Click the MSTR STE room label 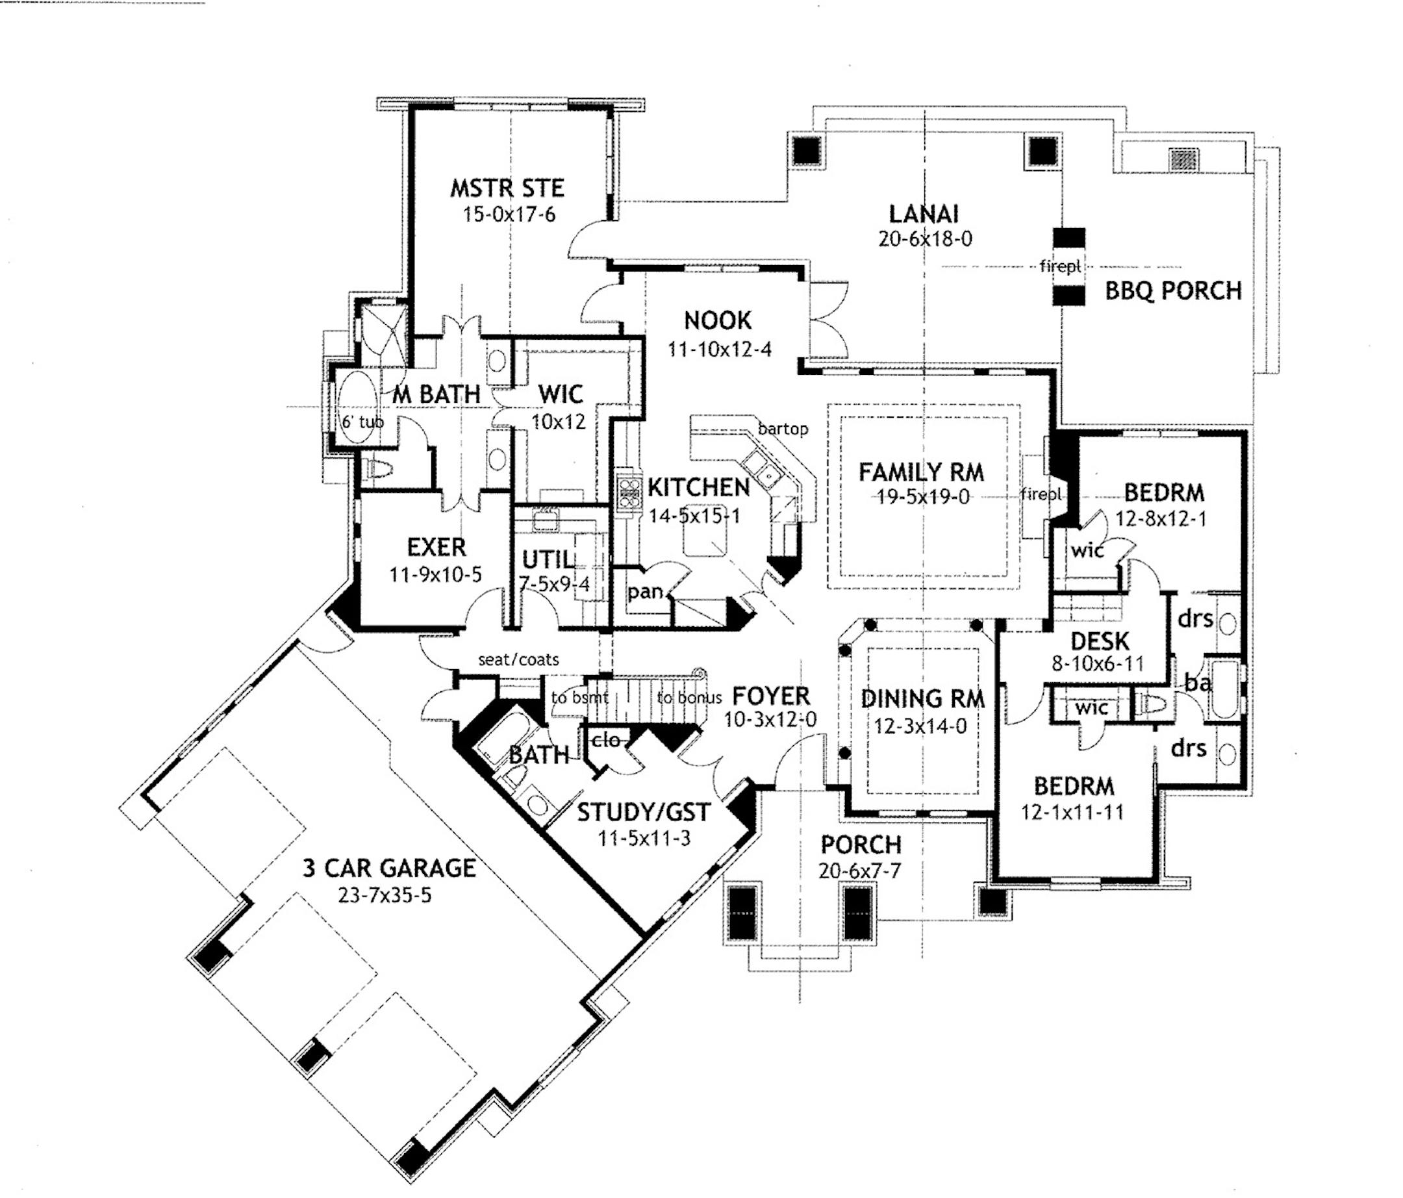tap(507, 188)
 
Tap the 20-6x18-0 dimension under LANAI tap(924, 240)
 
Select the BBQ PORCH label tap(1173, 291)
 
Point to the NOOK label tap(717, 320)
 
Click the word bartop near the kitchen tap(783, 429)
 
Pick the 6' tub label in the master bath tap(362, 422)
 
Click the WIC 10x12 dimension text tap(558, 422)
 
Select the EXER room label tap(436, 547)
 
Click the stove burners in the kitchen tap(629, 493)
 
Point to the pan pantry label tap(644, 591)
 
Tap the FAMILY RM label tap(921, 472)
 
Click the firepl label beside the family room tap(1041, 494)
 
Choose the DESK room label tap(1100, 641)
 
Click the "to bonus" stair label tap(689, 698)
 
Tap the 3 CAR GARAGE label tap(388, 868)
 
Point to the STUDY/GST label tap(642, 812)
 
